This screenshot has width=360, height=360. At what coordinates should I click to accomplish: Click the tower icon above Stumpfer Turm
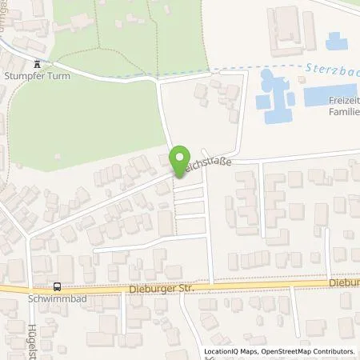tap(37, 66)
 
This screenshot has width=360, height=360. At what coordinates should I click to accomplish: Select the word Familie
tap(342, 113)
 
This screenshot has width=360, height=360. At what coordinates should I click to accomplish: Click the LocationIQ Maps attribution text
tap(230, 351)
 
